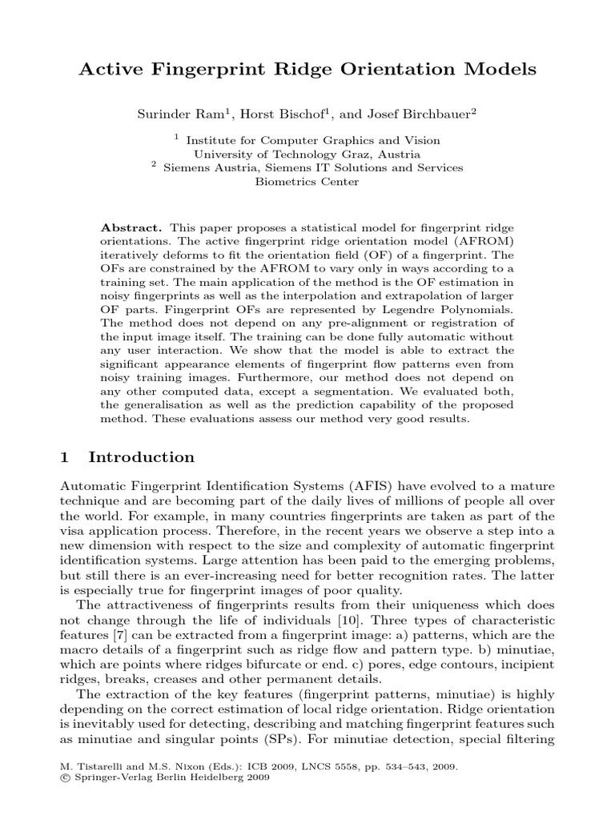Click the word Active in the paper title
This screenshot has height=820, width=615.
pyautogui.click(x=110, y=70)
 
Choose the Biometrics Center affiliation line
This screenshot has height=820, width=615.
pyautogui.click(x=307, y=182)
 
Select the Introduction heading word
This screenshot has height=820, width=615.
pyautogui.click(x=141, y=458)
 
